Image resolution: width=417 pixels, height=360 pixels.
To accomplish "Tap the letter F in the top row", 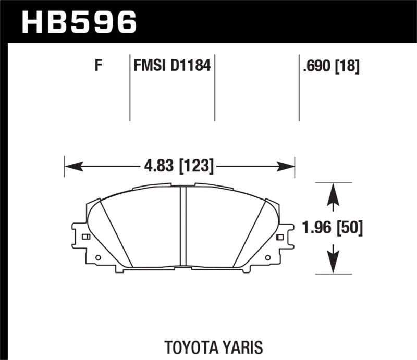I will pos(97,66).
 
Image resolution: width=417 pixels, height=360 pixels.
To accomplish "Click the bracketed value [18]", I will pos(348,66).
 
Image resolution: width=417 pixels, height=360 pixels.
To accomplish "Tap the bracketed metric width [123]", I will pos(196,167).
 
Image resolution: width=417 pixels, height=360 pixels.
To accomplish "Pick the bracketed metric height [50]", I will pos(349,228).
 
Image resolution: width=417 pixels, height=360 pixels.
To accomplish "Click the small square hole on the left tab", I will pos(86,237).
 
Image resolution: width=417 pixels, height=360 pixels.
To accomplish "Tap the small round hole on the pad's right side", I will pos(268,257).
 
